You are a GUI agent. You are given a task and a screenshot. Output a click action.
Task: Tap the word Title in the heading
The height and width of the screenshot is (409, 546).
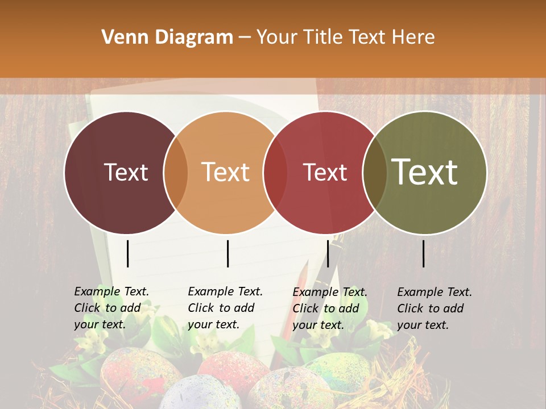tap(323, 37)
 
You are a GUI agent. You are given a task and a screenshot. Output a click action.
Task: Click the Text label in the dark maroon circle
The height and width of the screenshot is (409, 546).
tap(126, 172)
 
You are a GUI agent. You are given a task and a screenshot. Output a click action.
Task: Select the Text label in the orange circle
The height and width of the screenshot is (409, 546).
tap(226, 172)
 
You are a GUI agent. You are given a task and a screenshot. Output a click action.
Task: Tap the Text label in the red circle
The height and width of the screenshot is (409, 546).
tap(325, 172)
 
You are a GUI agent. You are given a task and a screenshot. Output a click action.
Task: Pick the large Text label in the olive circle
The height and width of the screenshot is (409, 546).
tap(425, 172)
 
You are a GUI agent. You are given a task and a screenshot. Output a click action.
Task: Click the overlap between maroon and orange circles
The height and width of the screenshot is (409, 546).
tap(176, 173)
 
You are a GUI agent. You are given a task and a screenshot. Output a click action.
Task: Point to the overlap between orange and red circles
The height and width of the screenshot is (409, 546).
tap(275, 173)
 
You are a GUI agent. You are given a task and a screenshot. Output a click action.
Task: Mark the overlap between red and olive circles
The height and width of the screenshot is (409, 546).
tap(375, 173)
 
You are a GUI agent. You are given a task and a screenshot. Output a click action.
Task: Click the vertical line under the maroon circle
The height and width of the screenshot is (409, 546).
tap(127, 253)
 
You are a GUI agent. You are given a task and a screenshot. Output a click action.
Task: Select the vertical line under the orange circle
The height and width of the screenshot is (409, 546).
tap(227, 253)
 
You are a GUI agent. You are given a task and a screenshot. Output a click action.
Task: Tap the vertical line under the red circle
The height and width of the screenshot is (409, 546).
tap(328, 253)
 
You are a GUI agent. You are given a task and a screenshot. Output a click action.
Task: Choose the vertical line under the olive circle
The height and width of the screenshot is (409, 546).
tap(424, 253)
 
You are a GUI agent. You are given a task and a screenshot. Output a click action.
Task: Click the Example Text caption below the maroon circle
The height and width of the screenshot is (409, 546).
tap(111, 308)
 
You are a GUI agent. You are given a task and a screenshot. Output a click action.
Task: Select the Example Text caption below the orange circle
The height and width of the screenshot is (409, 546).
tap(225, 308)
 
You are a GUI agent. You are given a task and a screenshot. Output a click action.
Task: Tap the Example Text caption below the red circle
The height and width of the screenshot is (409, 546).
tap(330, 308)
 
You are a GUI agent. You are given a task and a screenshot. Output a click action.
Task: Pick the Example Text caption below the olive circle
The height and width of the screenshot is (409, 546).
tap(435, 308)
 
